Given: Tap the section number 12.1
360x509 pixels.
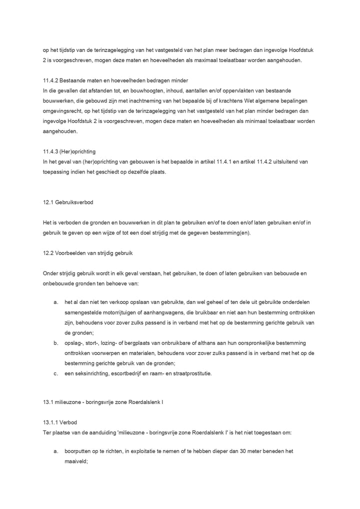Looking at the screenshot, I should point(49,202).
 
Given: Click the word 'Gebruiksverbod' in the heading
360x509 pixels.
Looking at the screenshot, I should point(75,202).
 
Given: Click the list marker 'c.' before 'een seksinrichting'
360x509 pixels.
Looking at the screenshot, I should point(55,373).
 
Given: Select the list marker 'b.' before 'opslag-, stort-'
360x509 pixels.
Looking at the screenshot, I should point(55,343).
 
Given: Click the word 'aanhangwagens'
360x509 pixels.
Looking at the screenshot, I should point(167,313).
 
